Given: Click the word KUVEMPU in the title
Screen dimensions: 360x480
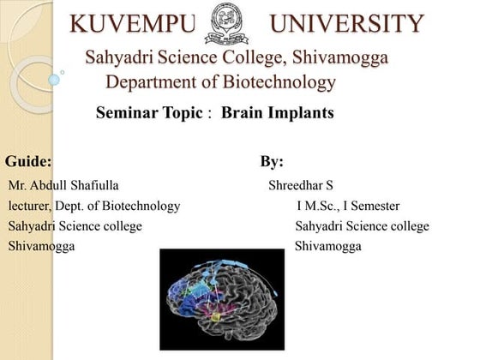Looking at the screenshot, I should [131, 24].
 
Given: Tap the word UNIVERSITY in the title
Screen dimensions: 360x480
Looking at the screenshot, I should [346, 24].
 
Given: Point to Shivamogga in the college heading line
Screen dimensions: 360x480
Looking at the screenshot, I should [340, 58].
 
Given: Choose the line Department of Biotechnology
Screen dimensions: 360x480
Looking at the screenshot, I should [219, 82].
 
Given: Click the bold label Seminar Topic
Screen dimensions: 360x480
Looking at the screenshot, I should [150, 112].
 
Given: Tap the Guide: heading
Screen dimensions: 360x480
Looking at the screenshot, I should [28, 161].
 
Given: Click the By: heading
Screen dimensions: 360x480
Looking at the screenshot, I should [272, 161].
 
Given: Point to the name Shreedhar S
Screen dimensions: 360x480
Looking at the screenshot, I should [300, 184].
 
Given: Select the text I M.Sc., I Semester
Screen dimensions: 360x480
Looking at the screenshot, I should [348, 206].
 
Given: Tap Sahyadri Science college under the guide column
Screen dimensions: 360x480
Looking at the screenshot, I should [75, 226].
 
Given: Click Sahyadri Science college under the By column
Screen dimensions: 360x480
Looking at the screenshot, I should [362, 226].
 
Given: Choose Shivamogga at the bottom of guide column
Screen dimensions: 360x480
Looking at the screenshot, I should [41, 247].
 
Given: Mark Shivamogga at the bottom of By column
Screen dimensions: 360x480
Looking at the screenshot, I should [327, 247].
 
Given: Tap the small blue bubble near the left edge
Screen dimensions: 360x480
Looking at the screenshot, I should [55, 79].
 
